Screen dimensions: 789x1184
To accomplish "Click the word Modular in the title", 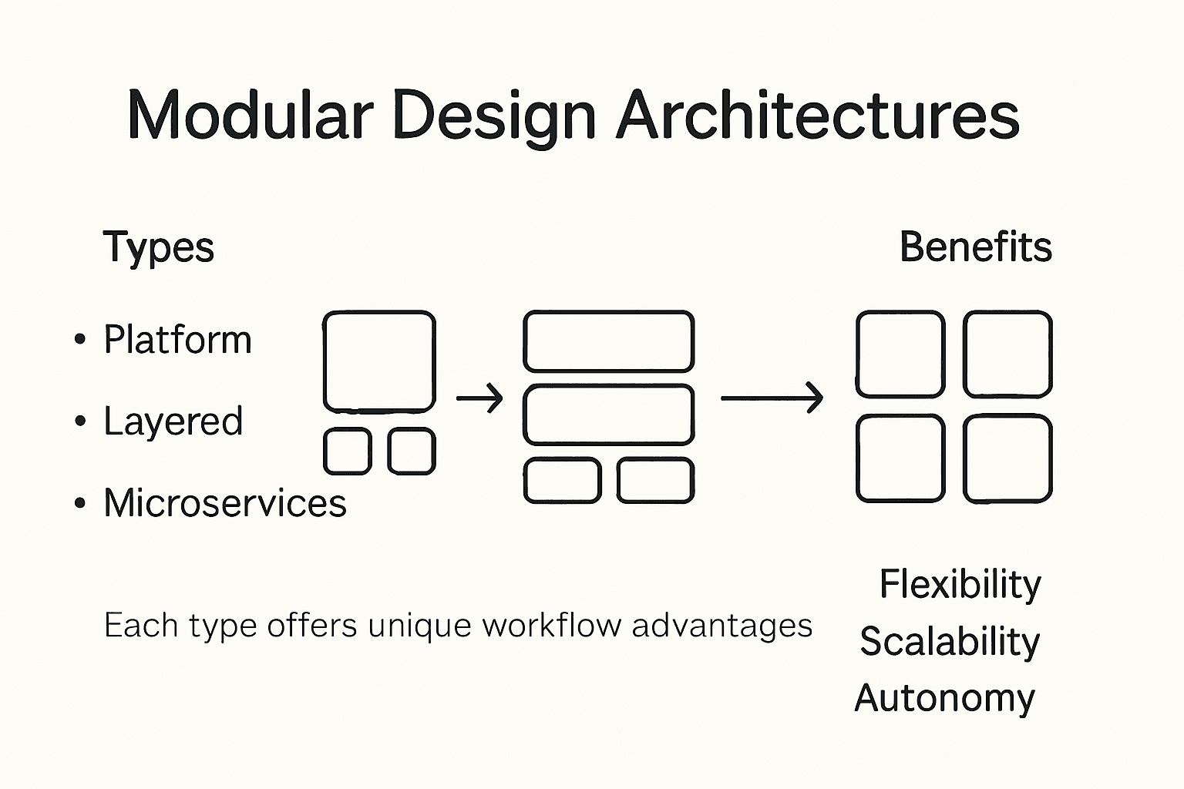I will [x=249, y=116].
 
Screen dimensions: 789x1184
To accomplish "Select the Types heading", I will [x=158, y=247].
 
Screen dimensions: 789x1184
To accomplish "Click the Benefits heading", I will [x=975, y=247].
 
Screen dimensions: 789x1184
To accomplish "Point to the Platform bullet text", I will [x=177, y=340].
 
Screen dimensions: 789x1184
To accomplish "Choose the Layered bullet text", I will [x=173, y=421].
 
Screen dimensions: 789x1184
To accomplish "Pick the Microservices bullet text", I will [x=224, y=503].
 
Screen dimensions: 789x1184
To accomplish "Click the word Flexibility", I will [x=960, y=584].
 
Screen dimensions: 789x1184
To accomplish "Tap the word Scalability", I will [x=950, y=641].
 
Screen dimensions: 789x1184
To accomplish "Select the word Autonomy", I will [x=944, y=698].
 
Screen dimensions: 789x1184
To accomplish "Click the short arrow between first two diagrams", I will [x=479, y=398].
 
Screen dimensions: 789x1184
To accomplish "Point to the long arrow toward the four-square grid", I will [x=772, y=398].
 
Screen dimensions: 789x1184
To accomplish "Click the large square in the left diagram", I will [x=379, y=361].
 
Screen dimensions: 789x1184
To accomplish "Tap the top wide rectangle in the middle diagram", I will [x=609, y=341].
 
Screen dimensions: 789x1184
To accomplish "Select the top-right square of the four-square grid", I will [x=1007, y=354].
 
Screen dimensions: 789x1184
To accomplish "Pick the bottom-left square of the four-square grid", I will [x=900, y=458].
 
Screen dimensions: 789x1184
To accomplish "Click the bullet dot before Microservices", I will [x=79, y=503].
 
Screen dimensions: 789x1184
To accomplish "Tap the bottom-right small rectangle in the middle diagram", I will [x=655, y=480].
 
